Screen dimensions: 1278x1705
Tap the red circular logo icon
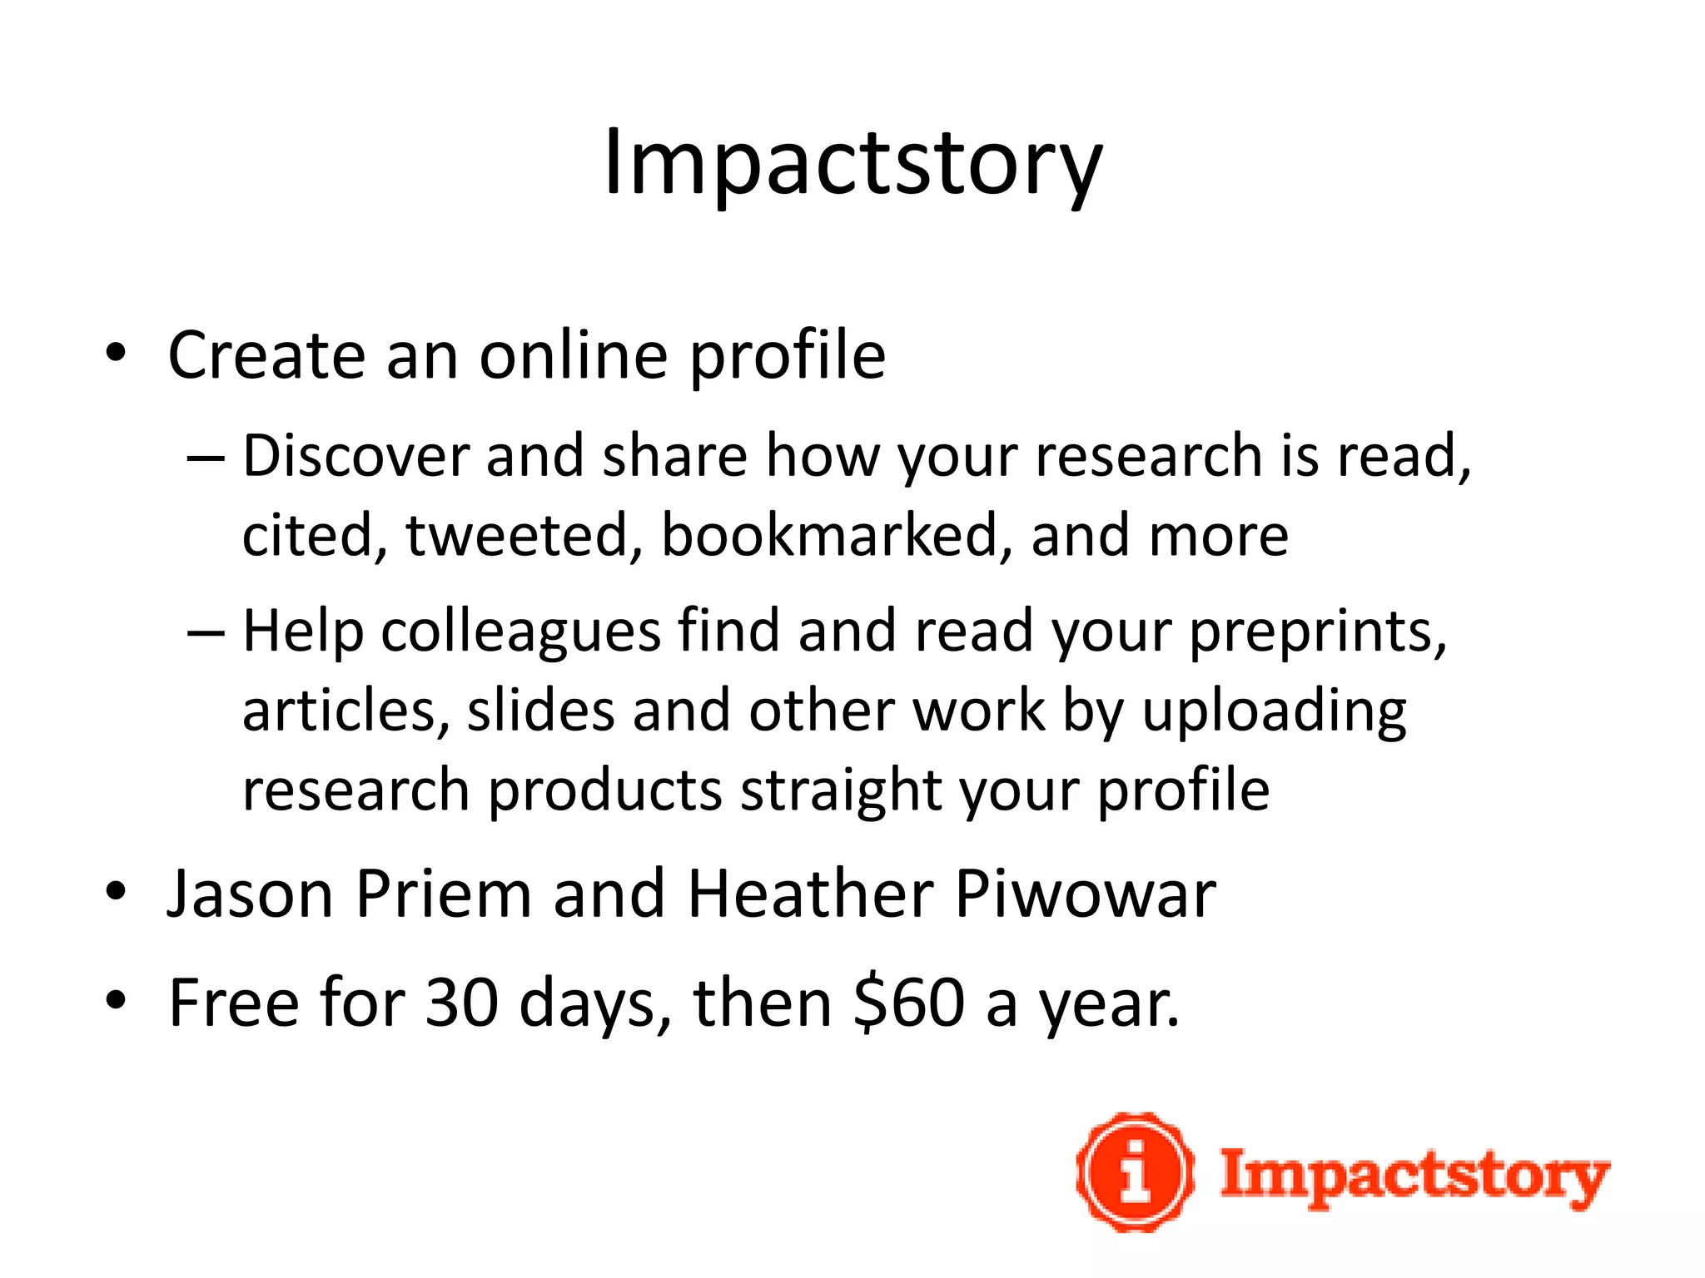click(x=1136, y=1172)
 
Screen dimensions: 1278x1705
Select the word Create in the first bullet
click(x=267, y=356)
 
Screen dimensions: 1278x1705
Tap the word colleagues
click(x=521, y=632)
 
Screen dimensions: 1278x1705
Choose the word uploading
click(x=1274, y=712)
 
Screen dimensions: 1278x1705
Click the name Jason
click(x=250, y=894)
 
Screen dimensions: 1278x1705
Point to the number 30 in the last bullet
click(x=461, y=1003)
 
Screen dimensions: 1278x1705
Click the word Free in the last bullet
click(x=234, y=1003)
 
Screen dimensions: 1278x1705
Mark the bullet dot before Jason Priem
click(x=116, y=893)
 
